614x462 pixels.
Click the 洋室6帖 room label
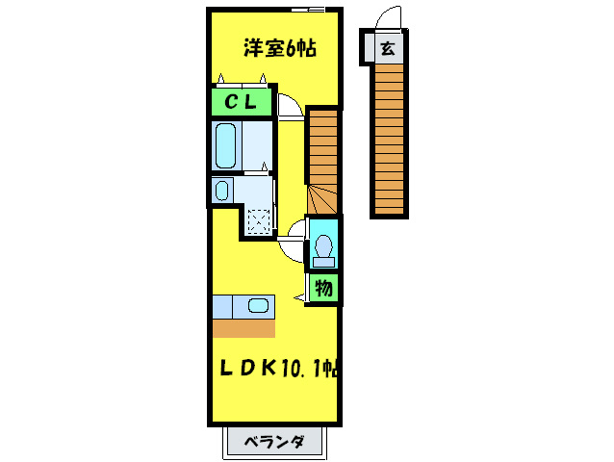click(280, 47)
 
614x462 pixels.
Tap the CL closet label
click(241, 102)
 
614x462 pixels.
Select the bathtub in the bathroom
click(226, 144)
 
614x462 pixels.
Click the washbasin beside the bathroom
click(222, 189)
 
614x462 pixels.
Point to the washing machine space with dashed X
click(258, 220)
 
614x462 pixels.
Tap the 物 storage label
click(324, 287)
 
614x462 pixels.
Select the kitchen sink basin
click(258, 307)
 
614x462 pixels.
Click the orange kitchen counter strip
click(243, 328)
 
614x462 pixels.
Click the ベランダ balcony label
click(275, 443)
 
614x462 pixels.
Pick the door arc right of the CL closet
click(289, 105)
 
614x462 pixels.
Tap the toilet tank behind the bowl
click(323, 260)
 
